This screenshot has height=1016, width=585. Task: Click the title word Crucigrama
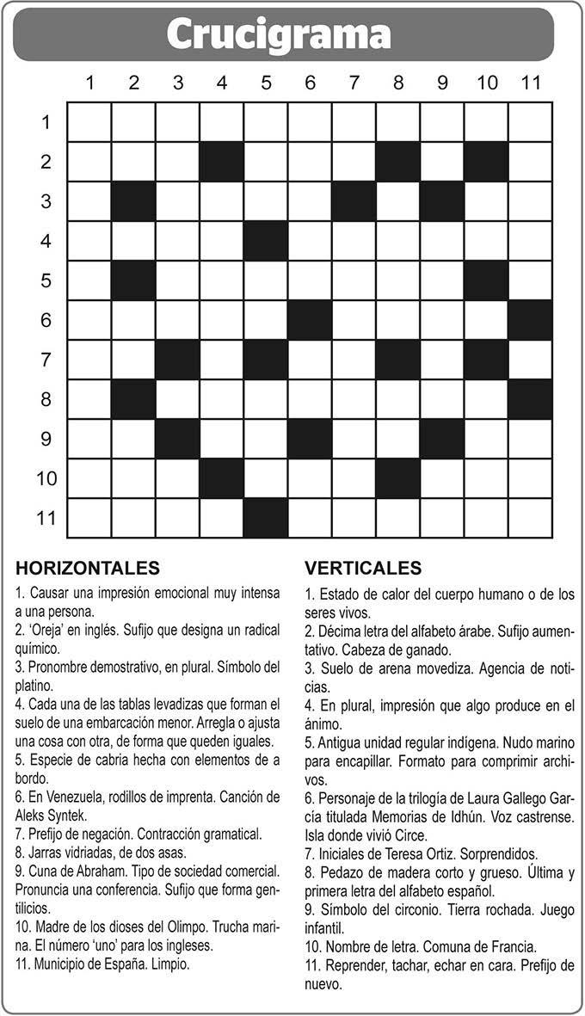coord(279,34)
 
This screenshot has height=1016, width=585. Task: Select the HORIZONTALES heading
coord(88,568)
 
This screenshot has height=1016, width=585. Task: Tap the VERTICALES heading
coord(363,568)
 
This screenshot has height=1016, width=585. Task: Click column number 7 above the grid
coord(354,83)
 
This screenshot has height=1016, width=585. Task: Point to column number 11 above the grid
coord(530,83)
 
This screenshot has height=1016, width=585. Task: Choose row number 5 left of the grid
coord(46,280)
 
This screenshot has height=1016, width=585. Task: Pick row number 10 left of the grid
coord(46,478)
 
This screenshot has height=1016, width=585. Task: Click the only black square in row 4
coord(266,241)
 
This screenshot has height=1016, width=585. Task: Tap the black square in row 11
coord(266,518)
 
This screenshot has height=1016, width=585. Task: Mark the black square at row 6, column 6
coord(310,320)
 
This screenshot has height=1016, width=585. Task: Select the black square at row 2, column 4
coord(222,162)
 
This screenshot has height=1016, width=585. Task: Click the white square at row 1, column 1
coord(89,122)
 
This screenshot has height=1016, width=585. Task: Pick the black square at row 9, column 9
coord(442,439)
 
